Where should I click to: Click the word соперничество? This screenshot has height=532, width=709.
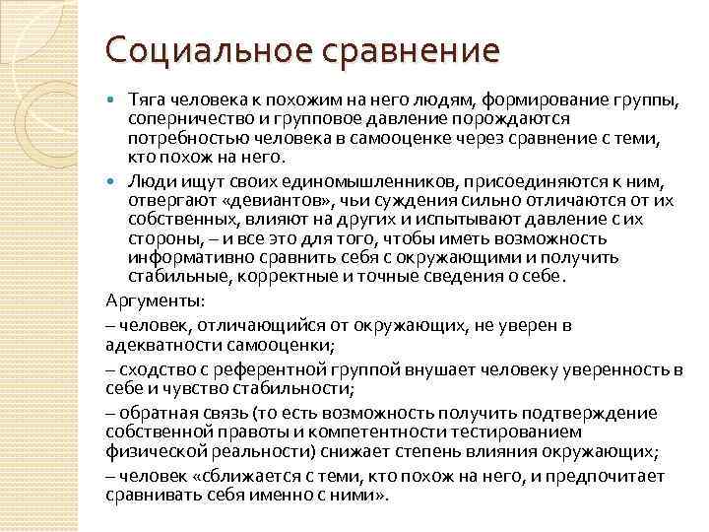pyautogui.click(x=183, y=120)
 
